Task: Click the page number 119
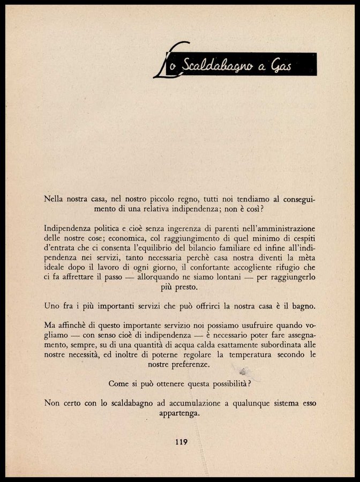pos(180,442)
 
